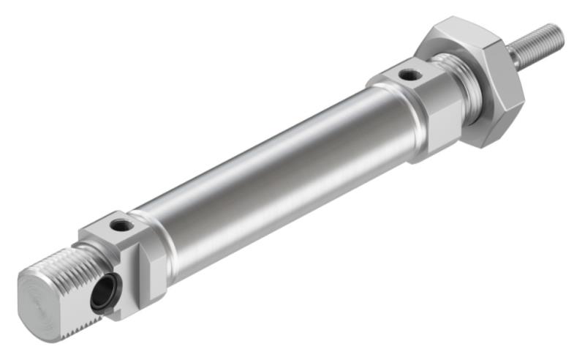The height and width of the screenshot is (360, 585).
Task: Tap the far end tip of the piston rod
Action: coord(560,31)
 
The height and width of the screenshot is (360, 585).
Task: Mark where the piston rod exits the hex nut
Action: coord(513,57)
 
